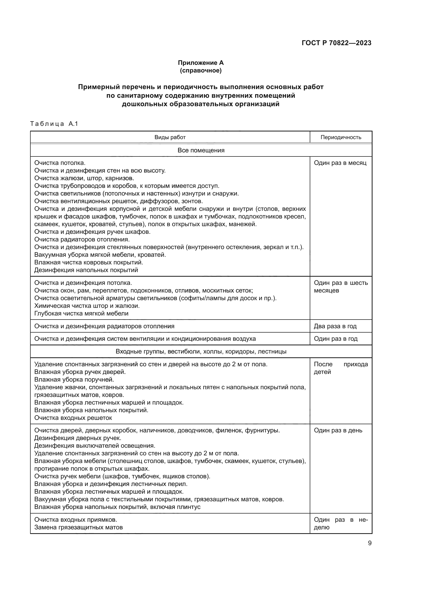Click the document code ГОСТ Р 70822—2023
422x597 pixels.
point(337,43)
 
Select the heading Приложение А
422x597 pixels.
point(201,63)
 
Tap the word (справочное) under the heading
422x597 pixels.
point(201,70)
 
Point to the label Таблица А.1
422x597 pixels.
point(54,124)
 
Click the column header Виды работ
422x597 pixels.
point(170,137)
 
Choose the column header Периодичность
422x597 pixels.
point(341,137)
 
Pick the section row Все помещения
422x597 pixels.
point(201,150)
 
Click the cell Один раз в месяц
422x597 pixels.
point(340,163)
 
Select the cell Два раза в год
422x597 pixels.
point(335,326)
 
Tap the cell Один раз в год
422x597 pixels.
point(336,339)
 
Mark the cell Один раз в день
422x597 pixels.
point(338,430)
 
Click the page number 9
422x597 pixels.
point(369,543)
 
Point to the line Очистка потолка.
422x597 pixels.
point(60,163)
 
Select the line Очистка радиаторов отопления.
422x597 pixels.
point(82,239)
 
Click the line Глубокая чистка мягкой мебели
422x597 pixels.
point(81,313)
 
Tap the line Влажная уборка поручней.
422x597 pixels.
point(74,379)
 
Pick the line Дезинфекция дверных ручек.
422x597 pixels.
point(78,438)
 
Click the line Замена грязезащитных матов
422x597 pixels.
point(79,527)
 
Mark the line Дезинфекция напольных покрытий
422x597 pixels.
point(86,270)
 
